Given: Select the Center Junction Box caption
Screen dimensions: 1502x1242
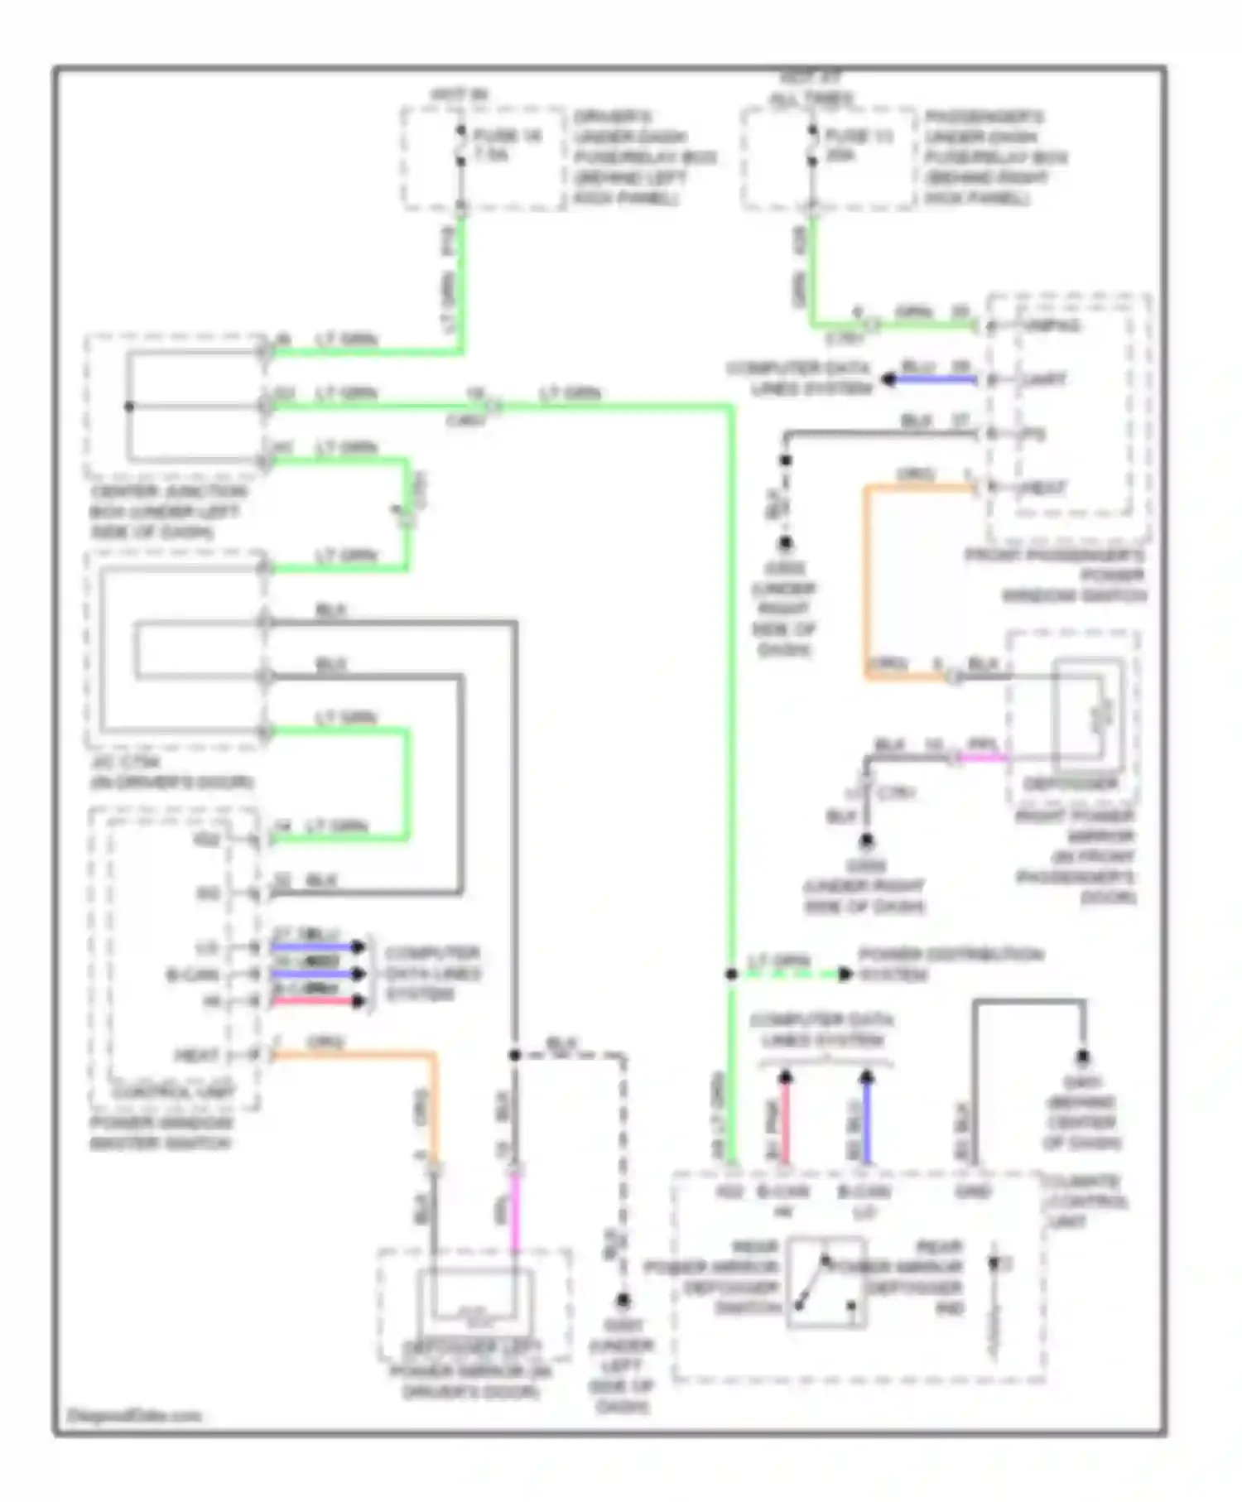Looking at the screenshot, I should pyautogui.click(x=167, y=512).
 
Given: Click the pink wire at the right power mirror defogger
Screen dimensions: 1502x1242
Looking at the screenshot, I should pyautogui.click(x=984, y=757).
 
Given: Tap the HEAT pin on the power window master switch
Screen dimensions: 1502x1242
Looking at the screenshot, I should pyautogui.click(x=197, y=1056).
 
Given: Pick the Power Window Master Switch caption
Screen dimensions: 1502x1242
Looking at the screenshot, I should pyautogui.click(x=161, y=1133).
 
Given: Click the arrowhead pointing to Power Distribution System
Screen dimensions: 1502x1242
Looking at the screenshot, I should pyautogui.click(x=845, y=975).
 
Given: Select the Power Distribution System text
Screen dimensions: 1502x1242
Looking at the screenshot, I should pyautogui.click(x=949, y=965).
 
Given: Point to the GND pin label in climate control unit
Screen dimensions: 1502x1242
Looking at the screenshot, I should pyautogui.click(x=972, y=1191).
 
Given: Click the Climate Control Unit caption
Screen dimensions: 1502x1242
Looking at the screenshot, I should pyautogui.click(x=1085, y=1201).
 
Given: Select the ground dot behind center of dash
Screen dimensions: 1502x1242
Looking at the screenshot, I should pyautogui.click(x=1082, y=1057).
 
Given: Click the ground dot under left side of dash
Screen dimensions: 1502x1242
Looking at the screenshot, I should pyautogui.click(x=623, y=1301).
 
